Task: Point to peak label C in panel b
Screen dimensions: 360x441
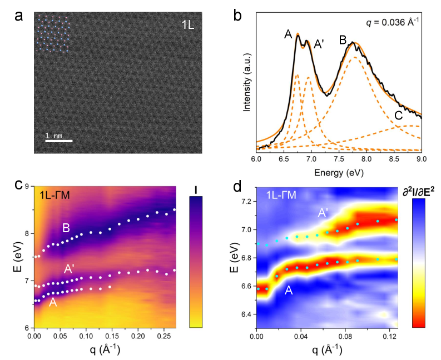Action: (x=398, y=116)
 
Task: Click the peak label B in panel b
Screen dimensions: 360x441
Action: (x=343, y=39)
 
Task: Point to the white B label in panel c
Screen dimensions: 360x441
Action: (x=66, y=228)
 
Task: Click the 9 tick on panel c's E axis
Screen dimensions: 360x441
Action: (x=27, y=187)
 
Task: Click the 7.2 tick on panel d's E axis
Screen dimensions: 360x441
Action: (x=245, y=200)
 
